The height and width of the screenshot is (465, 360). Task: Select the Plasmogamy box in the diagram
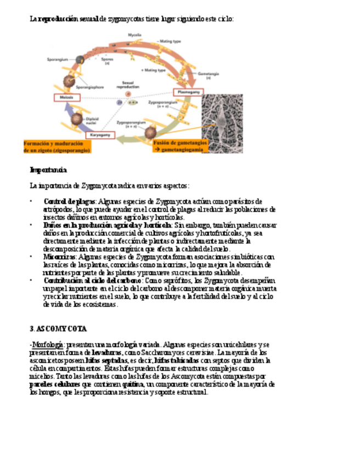coord(188,93)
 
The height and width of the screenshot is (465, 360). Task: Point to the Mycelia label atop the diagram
coord(134,35)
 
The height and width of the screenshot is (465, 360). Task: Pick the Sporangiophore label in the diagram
coord(89,87)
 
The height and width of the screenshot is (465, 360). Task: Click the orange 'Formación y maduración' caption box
coord(57,146)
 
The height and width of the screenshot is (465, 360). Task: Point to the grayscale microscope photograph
coord(222,123)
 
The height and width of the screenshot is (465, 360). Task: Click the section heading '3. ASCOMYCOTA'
coord(58,328)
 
